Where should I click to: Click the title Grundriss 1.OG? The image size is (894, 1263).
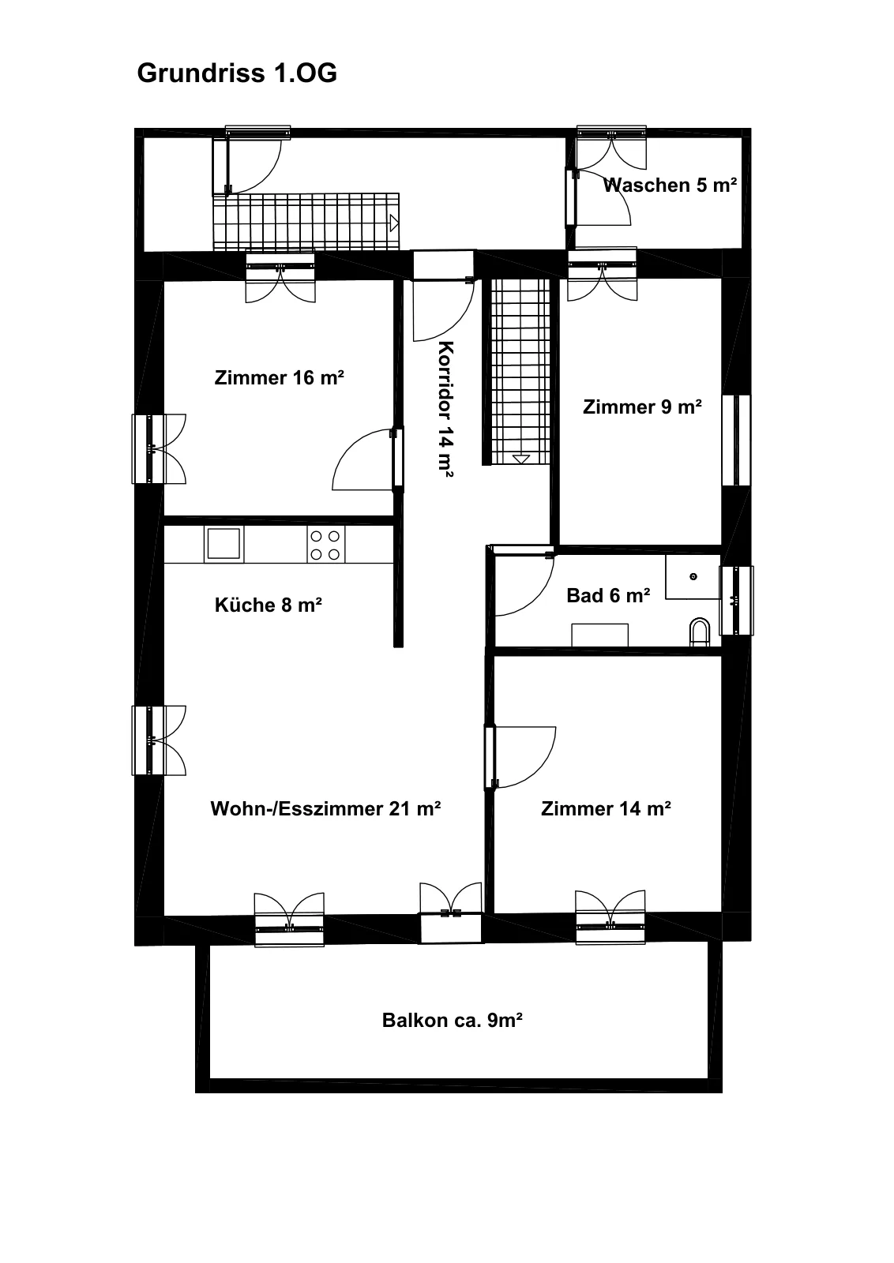tap(237, 73)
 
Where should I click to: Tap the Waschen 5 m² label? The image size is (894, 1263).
tap(670, 185)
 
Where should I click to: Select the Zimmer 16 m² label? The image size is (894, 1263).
tap(280, 378)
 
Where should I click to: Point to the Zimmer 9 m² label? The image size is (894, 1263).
tap(642, 407)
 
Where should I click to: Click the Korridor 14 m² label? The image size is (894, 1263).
tap(445, 409)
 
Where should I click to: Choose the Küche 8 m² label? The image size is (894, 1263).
tap(269, 605)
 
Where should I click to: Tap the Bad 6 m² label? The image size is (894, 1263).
tap(609, 595)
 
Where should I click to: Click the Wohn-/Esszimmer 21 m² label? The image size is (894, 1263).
tap(325, 808)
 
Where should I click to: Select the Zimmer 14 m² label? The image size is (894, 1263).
tap(606, 808)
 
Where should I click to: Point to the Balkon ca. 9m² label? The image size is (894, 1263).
tap(453, 1020)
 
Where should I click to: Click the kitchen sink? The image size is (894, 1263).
tap(224, 544)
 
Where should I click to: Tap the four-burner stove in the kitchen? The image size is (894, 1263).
tap(326, 545)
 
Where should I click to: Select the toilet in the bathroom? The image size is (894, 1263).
tap(700, 632)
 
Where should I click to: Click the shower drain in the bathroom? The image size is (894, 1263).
tap(693, 576)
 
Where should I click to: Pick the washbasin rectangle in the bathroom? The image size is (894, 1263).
tap(599, 635)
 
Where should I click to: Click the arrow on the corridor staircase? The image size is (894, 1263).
tap(521, 459)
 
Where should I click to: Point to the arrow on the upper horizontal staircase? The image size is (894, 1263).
tap(394, 223)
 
